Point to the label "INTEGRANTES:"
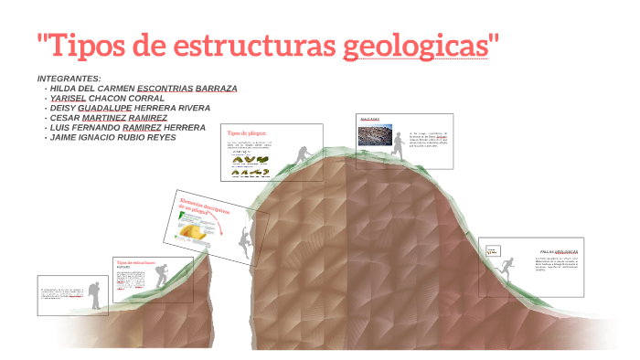tap(69, 79)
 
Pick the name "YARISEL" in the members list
tap(68, 98)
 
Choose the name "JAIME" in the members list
tap(65, 138)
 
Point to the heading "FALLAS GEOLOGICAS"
tap(559, 251)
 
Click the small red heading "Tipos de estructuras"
tap(135, 262)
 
